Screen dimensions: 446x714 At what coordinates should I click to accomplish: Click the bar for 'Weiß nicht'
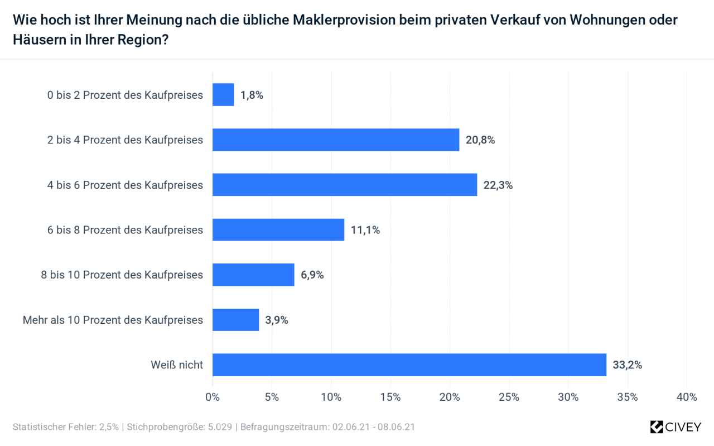click(409, 365)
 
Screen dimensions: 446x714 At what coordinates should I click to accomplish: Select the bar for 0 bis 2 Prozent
click(223, 95)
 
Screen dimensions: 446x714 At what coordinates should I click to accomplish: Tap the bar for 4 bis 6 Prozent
click(345, 185)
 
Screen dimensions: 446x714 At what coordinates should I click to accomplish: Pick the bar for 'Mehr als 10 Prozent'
click(235, 320)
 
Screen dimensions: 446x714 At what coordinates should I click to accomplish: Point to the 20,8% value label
click(480, 140)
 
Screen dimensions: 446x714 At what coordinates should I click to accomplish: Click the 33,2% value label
click(628, 365)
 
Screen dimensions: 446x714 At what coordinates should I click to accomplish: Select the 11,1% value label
click(365, 230)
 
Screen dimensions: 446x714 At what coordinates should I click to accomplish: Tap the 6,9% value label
click(312, 275)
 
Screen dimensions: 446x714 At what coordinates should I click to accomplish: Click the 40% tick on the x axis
click(687, 397)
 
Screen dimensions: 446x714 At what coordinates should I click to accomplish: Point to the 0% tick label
click(213, 397)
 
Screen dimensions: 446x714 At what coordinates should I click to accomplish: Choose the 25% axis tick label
click(509, 397)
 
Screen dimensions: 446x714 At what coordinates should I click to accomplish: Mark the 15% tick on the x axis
click(390, 397)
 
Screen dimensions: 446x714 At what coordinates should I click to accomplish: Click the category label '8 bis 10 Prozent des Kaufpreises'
click(122, 275)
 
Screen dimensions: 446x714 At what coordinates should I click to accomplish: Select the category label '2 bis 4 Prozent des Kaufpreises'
click(125, 140)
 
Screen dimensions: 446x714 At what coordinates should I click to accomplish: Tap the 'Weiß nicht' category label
click(177, 365)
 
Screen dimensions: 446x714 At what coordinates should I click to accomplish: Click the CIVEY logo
click(675, 427)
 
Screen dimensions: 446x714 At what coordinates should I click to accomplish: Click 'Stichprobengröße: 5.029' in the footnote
click(181, 427)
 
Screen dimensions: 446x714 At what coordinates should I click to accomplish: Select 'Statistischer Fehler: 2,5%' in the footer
click(65, 427)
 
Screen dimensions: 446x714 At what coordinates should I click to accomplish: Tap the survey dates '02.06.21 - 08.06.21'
click(374, 427)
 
